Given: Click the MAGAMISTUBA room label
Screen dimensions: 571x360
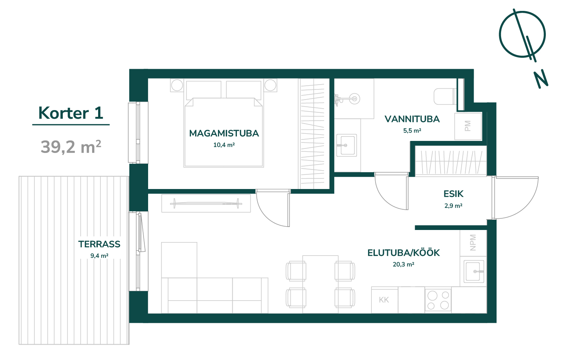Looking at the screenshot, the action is pyautogui.click(x=224, y=133).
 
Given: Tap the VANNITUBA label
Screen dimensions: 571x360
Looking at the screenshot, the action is pyautogui.click(x=412, y=119).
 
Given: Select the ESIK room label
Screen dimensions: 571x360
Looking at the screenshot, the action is pyautogui.click(x=453, y=194).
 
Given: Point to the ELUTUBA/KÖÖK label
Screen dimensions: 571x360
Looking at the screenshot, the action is pyautogui.click(x=403, y=253).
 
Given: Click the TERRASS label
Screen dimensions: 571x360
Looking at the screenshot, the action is pyautogui.click(x=99, y=244).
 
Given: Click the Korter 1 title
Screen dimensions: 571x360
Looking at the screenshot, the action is pyautogui.click(x=71, y=113).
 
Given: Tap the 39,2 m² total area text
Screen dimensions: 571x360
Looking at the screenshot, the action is pyautogui.click(x=71, y=147).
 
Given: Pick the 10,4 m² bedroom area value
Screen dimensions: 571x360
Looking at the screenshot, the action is pyautogui.click(x=224, y=145).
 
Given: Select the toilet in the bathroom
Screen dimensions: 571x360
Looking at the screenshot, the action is pyautogui.click(x=445, y=96).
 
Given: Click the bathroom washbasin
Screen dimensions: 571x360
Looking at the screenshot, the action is pyautogui.click(x=347, y=145).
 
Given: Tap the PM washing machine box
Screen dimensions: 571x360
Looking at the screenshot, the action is pyautogui.click(x=468, y=126).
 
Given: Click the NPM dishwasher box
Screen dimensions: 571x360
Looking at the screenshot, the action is pyautogui.click(x=473, y=242).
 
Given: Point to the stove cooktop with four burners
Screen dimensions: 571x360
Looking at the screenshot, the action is pyautogui.click(x=438, y=300).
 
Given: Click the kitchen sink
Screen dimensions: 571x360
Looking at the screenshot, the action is pyautogui.click(x=474, y=272).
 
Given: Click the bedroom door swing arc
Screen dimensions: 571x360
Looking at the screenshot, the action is pyautogui.click(x=268, y=216).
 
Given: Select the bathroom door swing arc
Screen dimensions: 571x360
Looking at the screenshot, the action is pyautogui.click(x=385, y=199).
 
